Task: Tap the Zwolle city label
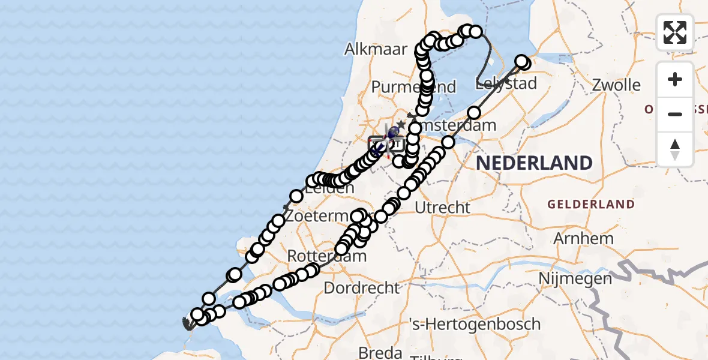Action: (616, 85)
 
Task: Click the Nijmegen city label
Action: (575, 278)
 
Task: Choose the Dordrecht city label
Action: (361, 287)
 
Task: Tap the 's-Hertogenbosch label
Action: (474, 324)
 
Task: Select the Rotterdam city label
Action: (326, 256)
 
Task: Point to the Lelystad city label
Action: (506, 83)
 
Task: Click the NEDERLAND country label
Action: (533, 163)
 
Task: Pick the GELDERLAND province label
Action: (590, 205)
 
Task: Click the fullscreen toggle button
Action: (675, 32)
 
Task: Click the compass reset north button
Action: (675, 149)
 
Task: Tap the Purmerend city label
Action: (414, 87)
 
